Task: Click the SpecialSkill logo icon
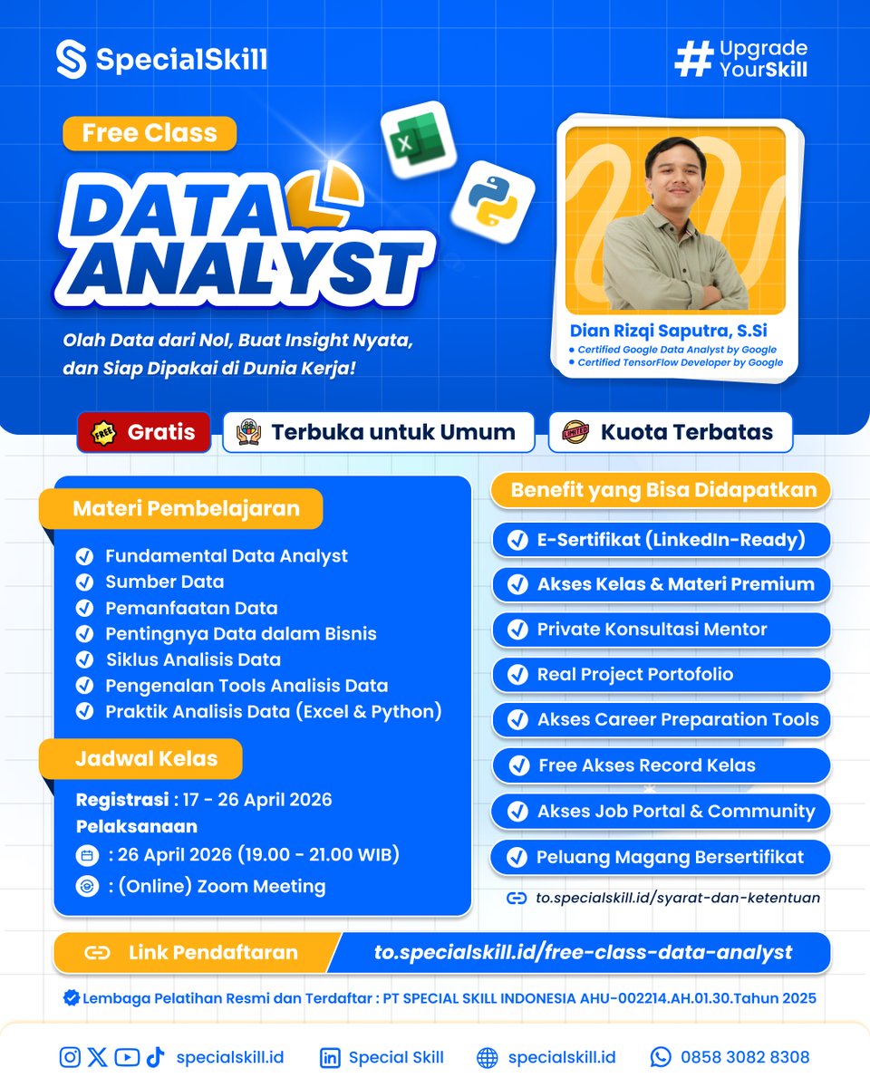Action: pos(71,59)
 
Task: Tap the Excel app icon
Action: pos(416,144)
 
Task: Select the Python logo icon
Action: pos(492,199)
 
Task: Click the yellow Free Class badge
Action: pos(150,133)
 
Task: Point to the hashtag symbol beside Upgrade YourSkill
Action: pos(693,58)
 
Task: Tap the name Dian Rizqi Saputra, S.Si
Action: pos(669,331)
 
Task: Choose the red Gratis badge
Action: pos(144,432)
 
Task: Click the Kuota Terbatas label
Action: pos(671,432)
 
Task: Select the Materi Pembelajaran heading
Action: pos(186,508)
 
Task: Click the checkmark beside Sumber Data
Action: pos(84,582)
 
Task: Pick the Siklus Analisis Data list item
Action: pos(193,659)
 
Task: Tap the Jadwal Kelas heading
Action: pos(145,758)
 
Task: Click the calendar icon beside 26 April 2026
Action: pos(88,854)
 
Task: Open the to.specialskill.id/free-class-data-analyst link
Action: pos(583,952)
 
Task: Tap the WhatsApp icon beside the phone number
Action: pos(661,1057)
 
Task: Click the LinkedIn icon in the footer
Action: pos(330,1057)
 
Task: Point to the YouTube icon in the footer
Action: pos(127,1057)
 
